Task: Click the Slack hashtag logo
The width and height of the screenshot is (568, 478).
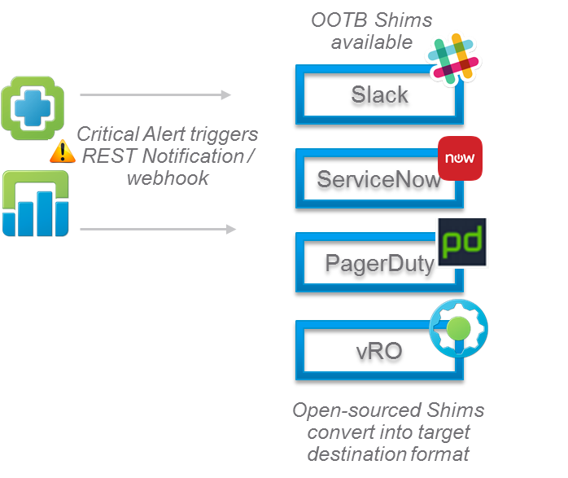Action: (453, 59)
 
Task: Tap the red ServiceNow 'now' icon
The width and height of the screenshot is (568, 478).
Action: (460, 158)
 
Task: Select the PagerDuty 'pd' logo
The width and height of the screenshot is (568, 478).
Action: (462, 242)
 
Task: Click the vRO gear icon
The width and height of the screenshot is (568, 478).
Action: (459, 328)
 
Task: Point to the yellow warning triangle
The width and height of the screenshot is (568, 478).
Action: (63, 151)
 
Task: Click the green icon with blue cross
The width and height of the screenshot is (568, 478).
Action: (33, 108)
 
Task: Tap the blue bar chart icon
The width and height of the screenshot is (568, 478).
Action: (36, 204)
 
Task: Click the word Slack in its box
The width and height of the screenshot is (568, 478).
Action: (380, 94)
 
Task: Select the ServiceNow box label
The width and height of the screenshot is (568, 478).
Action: (379, 179)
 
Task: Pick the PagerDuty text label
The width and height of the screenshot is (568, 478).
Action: (380, 264)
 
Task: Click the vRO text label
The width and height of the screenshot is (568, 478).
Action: (379, 351)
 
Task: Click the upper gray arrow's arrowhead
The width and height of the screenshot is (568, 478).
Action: (226, 95)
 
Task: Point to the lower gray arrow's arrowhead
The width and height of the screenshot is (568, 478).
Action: (231, 229)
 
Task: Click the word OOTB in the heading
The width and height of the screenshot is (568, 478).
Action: (339, 20)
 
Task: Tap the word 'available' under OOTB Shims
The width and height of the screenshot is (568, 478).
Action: (372, 42)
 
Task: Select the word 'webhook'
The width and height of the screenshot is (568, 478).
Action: (168, 178)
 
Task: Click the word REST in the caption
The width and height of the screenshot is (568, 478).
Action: (109, 156)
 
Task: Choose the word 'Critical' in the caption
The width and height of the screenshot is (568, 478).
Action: (108, 134)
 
